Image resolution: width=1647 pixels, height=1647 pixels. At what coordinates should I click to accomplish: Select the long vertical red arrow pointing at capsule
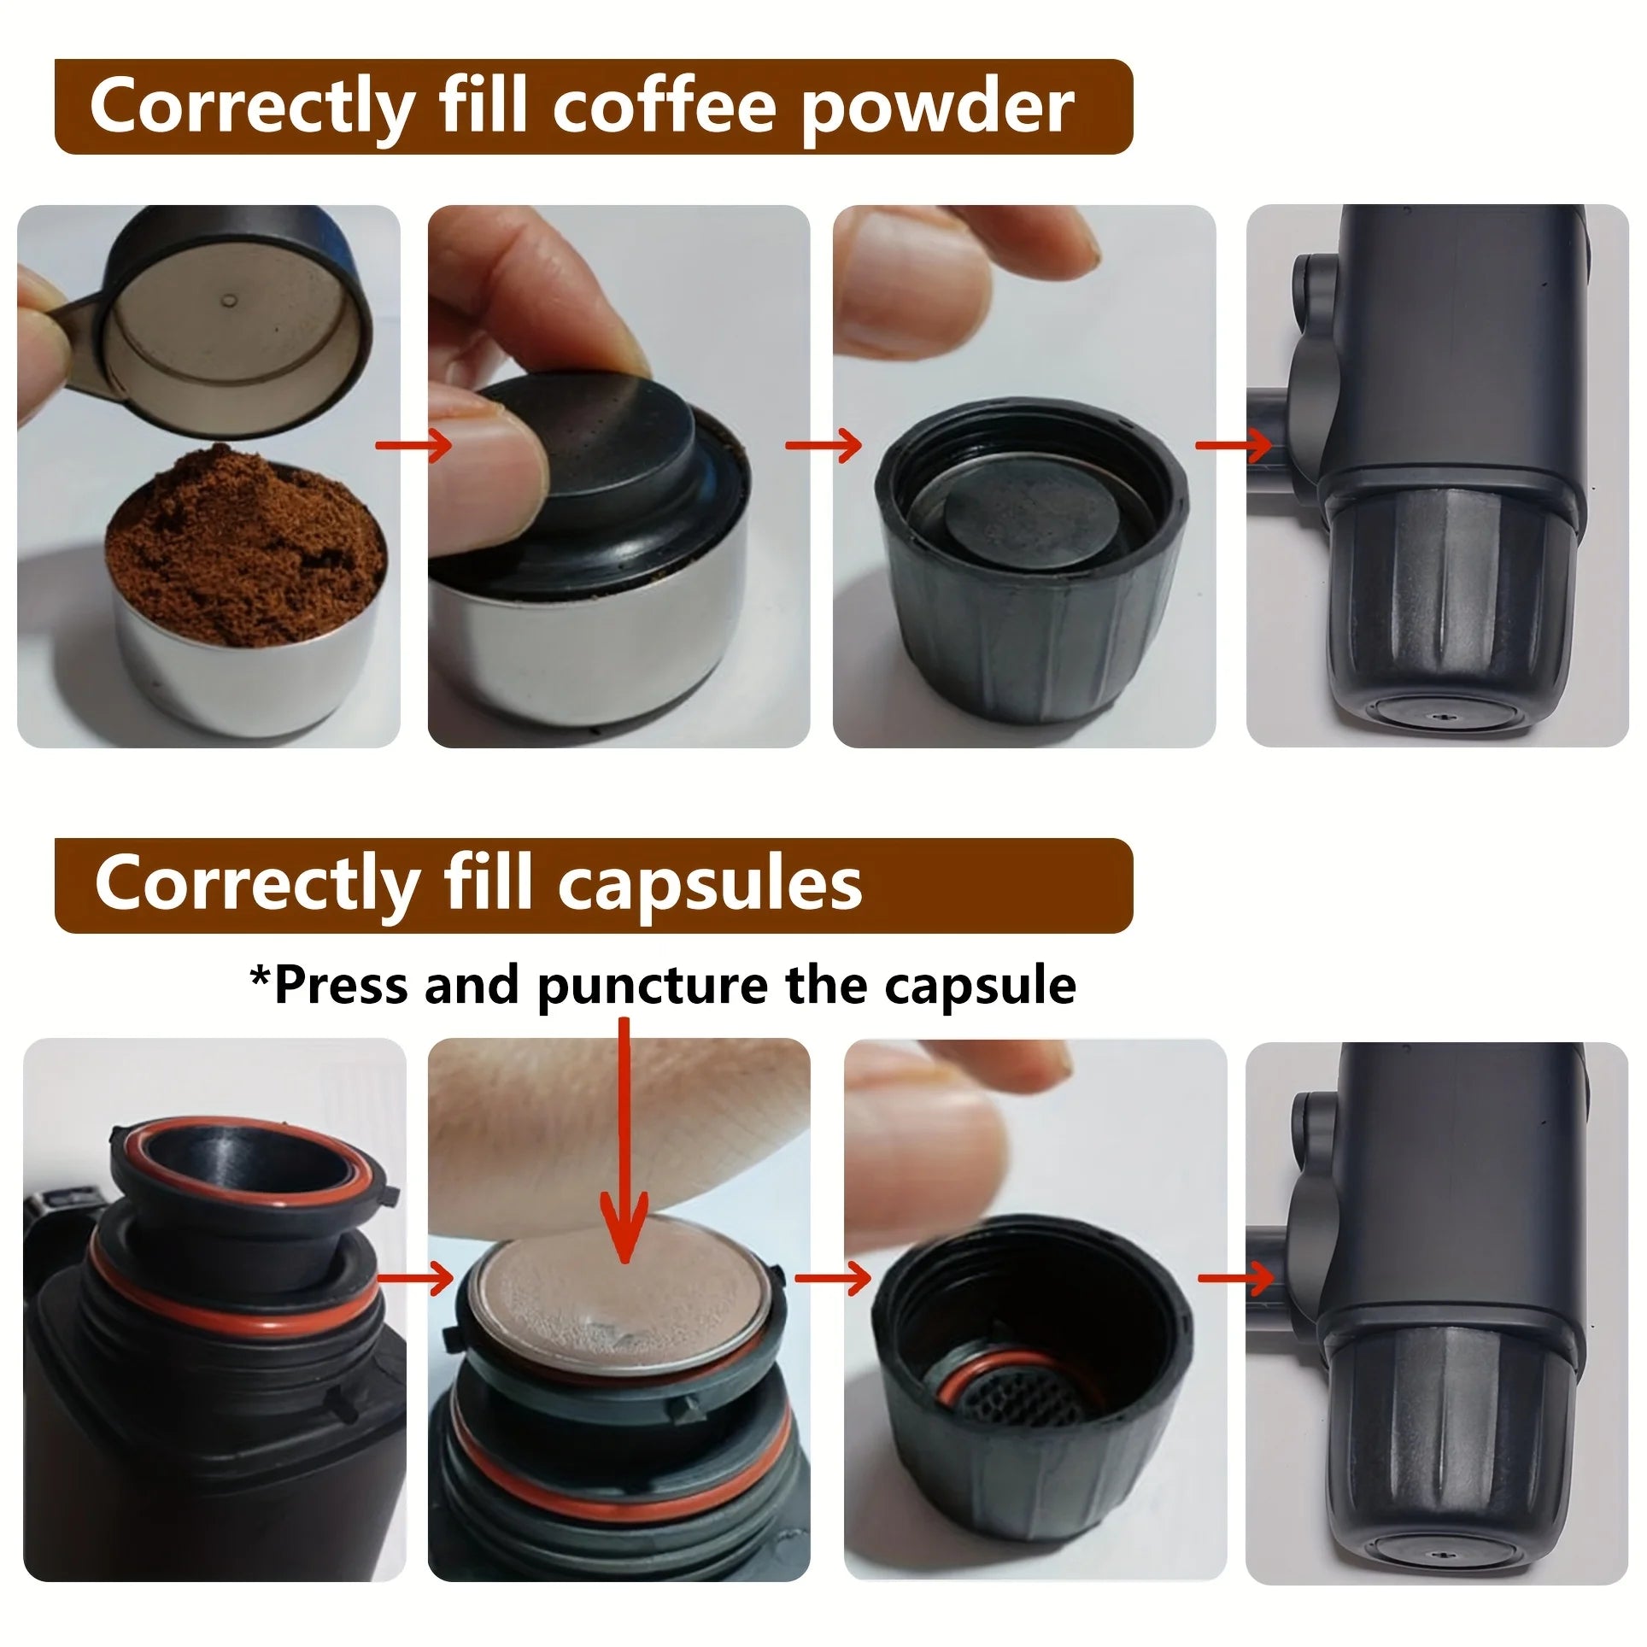tap(625, 1136)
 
